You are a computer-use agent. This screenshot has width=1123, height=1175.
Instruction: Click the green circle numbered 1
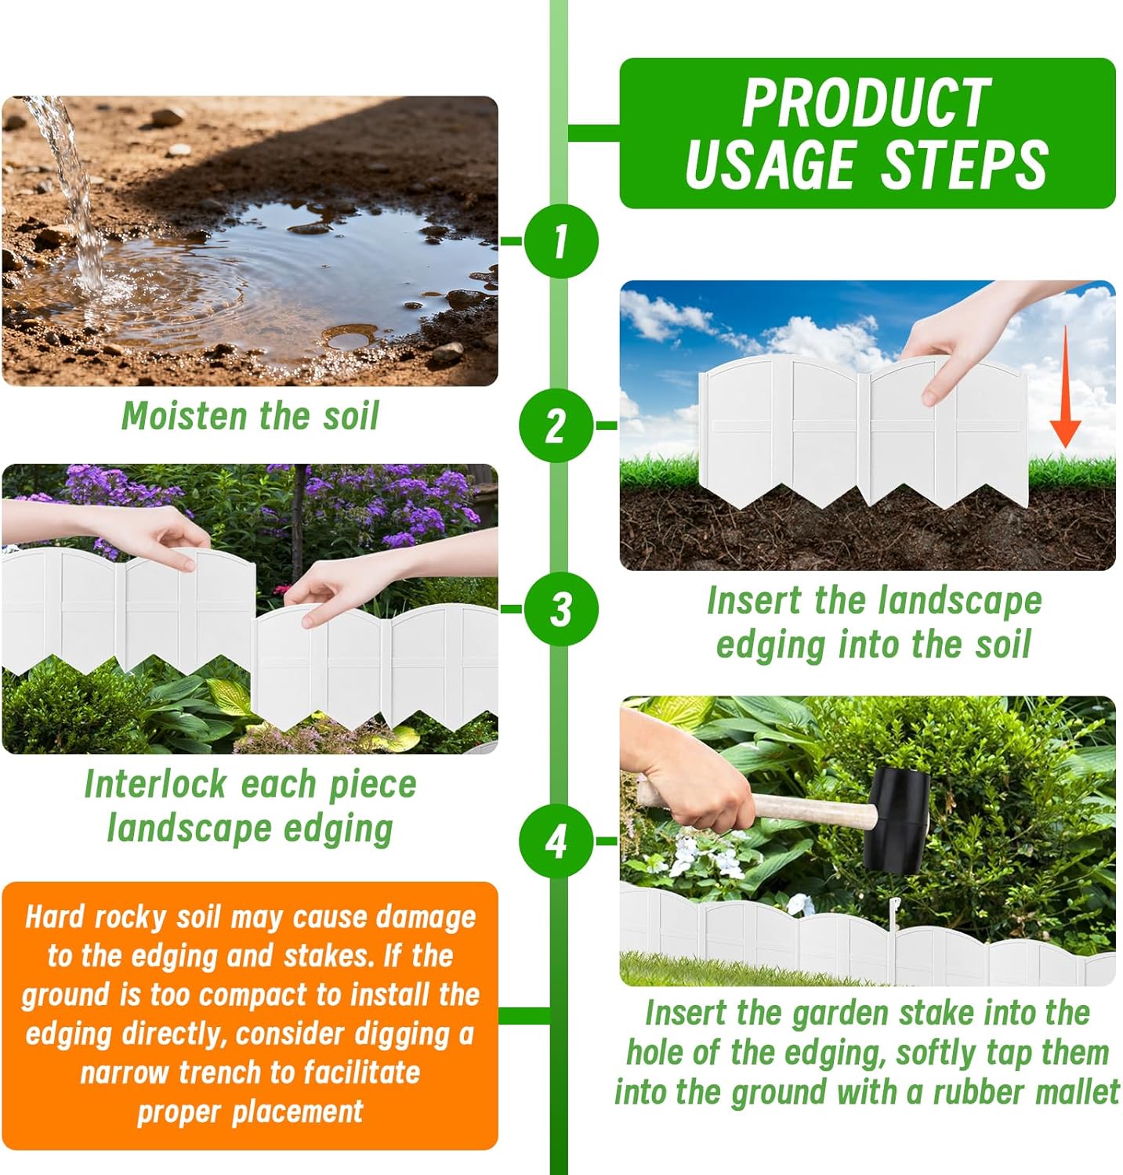pyautogui.click(x=560, y=240)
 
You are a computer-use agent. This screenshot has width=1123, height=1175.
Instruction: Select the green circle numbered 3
pyautogui.click(x=560, y=609)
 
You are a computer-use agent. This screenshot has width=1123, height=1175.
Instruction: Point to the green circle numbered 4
pyautogui.click(x=556, y=841)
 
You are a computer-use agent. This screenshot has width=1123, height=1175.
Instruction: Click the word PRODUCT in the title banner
pyautogui.click(x=866, y=103)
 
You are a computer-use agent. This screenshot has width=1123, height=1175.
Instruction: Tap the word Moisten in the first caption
pyautogui.click(x=185, y=416)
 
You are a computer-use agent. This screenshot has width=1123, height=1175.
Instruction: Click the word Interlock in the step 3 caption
pyautogui.click(x=155, y=784)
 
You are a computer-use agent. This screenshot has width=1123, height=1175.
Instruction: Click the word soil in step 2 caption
pyautogui.click(x=1002, y=645)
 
